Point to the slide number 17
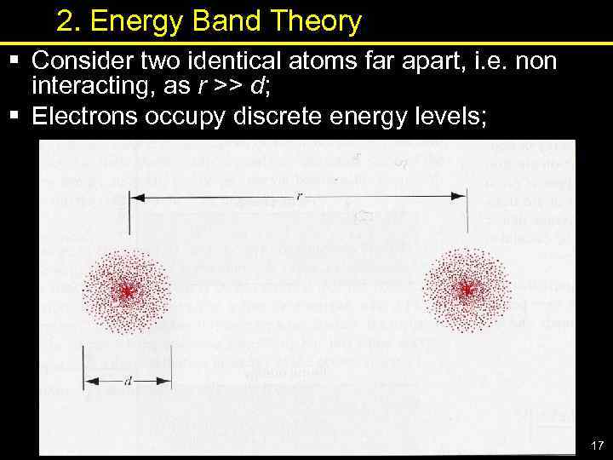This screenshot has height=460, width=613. pos(595,446)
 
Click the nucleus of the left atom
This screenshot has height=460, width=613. pos(127,291)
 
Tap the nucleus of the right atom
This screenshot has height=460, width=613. pos(466,290)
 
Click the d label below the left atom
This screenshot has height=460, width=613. pos(128,382)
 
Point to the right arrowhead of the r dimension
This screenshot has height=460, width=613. pos(460,197)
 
